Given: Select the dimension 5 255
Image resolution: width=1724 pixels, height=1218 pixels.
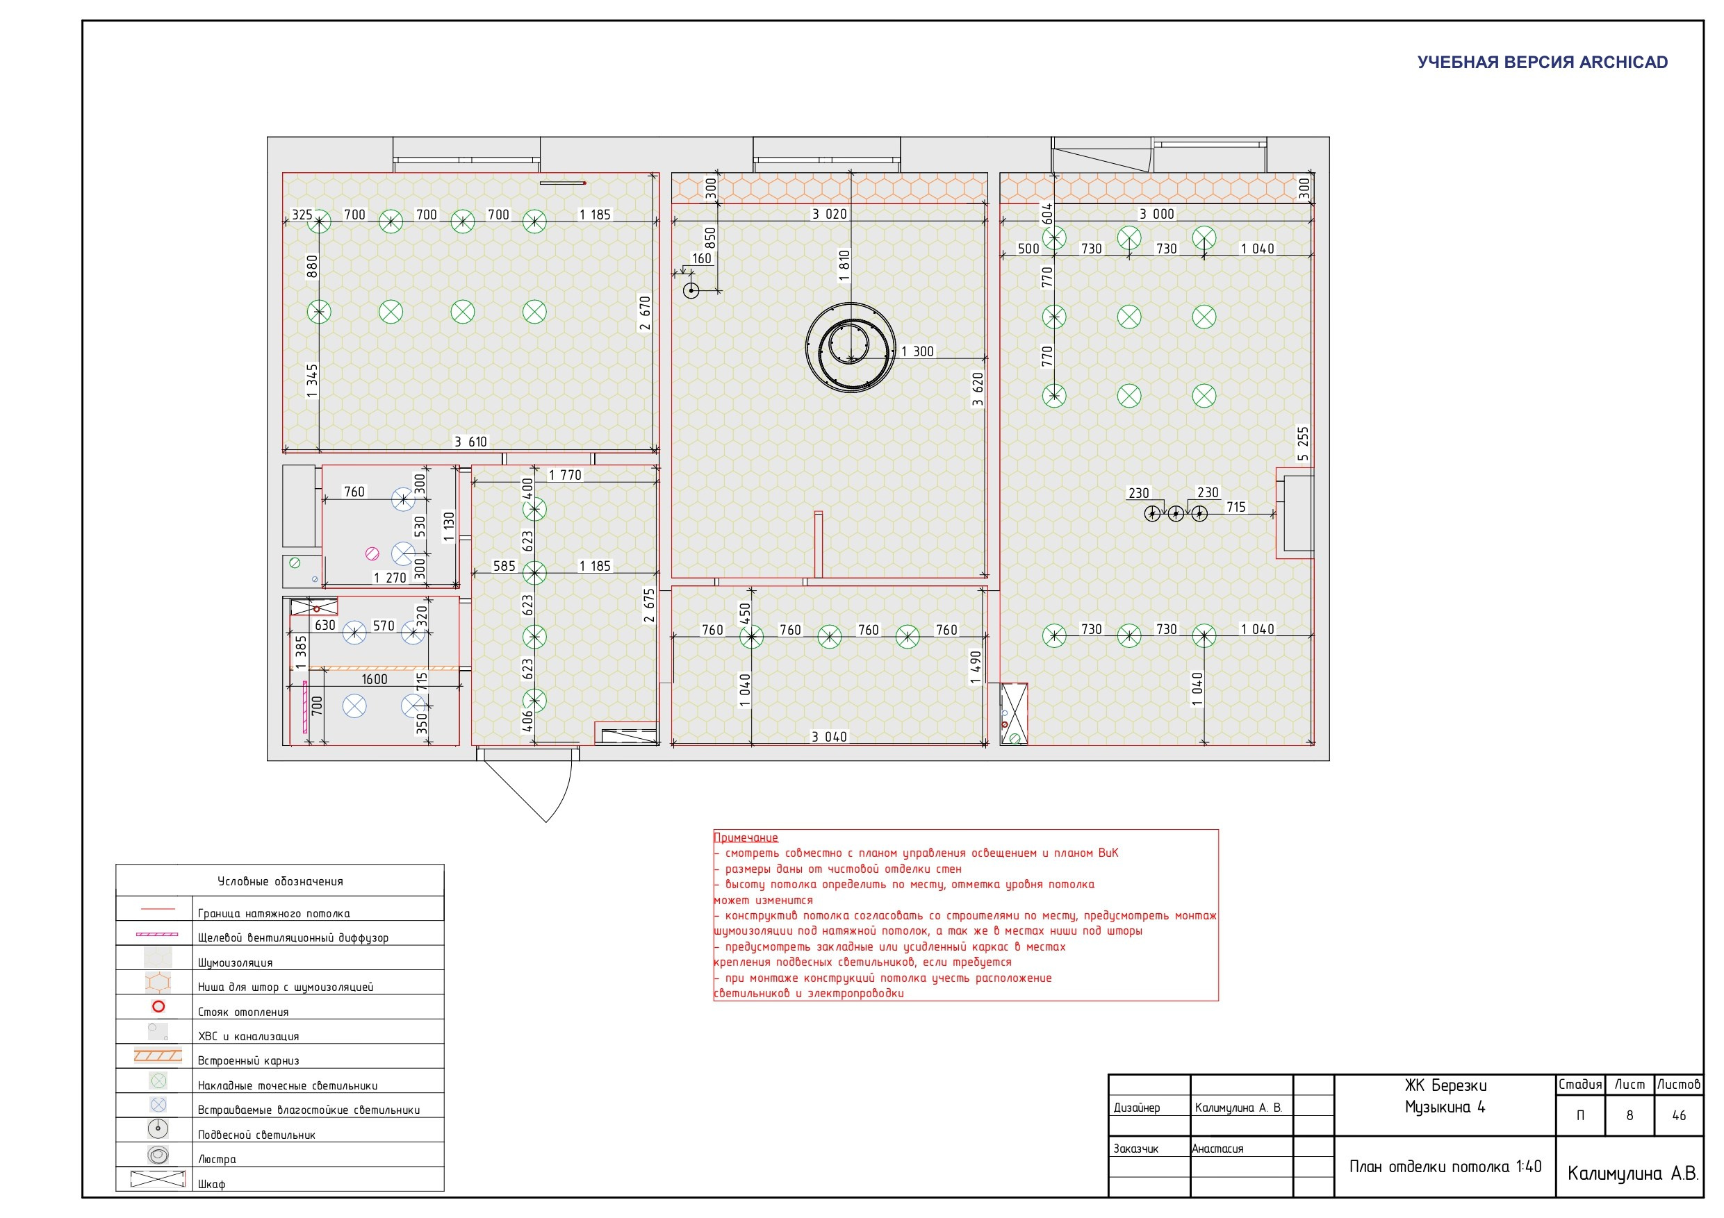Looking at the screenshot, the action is coord(1303,444).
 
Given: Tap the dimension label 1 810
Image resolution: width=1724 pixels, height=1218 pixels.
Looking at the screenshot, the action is coord(844,267).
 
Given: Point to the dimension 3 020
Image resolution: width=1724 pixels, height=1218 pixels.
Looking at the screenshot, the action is coord(829,214).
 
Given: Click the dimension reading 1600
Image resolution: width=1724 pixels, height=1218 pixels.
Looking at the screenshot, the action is coord(374,679).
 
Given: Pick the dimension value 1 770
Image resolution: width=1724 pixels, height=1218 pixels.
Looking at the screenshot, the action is coord(565,475).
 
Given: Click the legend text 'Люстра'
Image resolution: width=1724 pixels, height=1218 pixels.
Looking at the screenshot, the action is coord(217,1160).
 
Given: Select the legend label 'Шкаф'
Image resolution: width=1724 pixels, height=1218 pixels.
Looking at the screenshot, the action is coord(212,1184).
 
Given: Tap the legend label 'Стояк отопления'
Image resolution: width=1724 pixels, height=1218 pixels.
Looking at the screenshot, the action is coord(243,1012).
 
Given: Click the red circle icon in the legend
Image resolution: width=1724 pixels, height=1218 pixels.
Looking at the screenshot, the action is coord(158,1006).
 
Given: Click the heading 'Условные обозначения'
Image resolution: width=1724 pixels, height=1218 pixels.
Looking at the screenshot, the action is coord(280,881).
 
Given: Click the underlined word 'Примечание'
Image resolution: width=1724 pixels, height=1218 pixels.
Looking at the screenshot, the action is coord(746,837).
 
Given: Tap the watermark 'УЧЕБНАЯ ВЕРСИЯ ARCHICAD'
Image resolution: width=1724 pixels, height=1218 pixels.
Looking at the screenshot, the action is coord(1543,62).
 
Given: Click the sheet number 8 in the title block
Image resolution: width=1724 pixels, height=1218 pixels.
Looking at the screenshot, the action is coord(1629,1115).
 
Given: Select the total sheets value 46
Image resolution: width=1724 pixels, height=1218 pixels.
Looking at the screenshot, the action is coord(1679,1115).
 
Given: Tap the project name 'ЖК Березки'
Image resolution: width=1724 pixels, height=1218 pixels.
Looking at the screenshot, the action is coord(1445,1085).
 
